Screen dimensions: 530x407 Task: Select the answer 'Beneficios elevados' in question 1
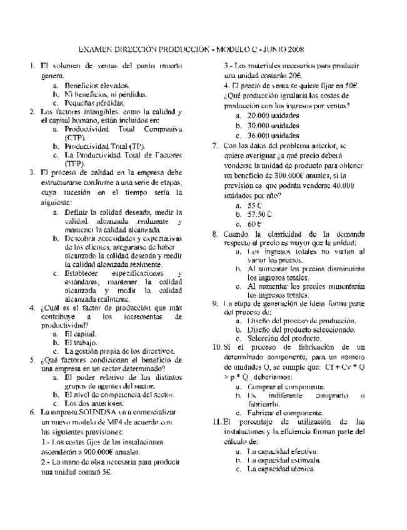[97, 84]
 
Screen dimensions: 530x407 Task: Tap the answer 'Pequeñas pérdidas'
[95, 102]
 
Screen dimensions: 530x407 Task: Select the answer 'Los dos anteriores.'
[95, 403]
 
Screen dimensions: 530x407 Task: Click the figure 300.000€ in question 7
[249, 177]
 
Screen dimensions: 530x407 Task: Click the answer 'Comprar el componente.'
[282, 387]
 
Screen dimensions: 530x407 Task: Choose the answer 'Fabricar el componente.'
[284, 413]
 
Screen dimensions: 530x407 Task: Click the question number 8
[215, 234]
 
